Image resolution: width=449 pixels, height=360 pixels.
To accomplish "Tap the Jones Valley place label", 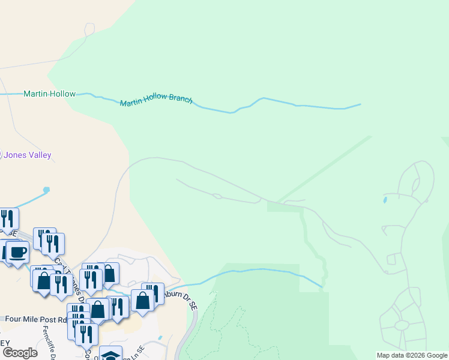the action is [x=28, y=155].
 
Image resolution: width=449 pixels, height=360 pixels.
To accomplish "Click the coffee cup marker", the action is [x=17, y=252].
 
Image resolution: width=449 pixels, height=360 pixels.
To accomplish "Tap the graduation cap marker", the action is [x=110, y=355].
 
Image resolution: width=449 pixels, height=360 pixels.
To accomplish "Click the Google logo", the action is [x=19, y=352].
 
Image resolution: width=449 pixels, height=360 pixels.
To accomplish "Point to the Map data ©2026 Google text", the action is [x=412, y=355].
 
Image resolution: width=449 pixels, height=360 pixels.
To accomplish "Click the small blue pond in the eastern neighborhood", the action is [x=384, y=199].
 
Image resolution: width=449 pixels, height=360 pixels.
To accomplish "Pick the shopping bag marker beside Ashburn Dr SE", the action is [x=142, y=301].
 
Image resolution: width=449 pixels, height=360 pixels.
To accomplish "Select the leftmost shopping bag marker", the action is [x=44, y=280].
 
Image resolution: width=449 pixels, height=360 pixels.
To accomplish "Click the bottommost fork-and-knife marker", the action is [x=86, y=334].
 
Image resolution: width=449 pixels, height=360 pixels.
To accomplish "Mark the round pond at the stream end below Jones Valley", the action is [x=46, y=190].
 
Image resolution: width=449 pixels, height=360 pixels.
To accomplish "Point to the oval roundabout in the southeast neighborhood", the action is [x=401, y=325].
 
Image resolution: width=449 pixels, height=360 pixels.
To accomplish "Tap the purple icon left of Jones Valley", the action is [x=1, y=155].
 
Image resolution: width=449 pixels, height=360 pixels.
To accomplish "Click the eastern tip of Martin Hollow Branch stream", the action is [x=360, y=104].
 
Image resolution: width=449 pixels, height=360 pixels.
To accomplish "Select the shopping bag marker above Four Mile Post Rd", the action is [x=98, y=310].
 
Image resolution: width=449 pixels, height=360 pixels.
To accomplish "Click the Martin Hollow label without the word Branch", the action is [x=49, y=94].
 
